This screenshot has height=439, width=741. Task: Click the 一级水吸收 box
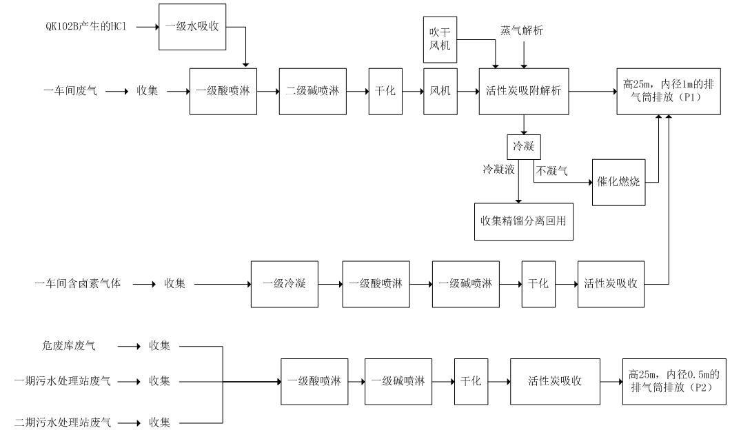[192, 27]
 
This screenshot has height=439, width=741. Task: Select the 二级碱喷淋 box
[312, 91]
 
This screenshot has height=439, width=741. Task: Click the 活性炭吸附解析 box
[524, 91]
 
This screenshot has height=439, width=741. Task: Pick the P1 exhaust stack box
[669, 91]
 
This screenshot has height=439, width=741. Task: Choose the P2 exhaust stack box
[673, 381]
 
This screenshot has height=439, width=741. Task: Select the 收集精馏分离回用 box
[524, 221]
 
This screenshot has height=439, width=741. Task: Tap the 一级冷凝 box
[284, 284]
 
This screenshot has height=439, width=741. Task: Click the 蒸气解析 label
[521, 32]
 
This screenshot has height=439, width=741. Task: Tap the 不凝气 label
[551, 170]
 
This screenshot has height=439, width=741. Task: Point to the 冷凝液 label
[498, 169]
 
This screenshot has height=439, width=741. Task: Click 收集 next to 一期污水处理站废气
[159, 381]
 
